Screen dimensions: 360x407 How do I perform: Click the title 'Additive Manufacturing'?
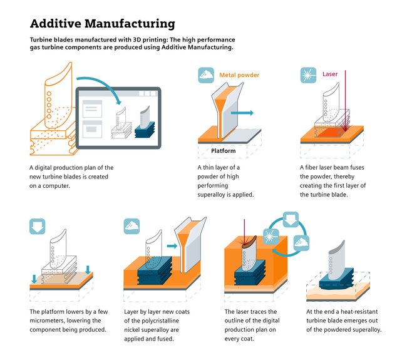pyautogui.click(x=103, y=24)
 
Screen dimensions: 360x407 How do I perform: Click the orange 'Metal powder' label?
pyautogui.click(x=239, y=75)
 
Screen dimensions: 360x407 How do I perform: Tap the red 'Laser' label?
pyautogui.click(x=330, y=74)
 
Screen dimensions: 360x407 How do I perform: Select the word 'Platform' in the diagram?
pyautogui.click(x=223, y=151)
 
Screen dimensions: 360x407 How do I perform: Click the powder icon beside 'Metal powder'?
pyautogui.click(x=206, y=76)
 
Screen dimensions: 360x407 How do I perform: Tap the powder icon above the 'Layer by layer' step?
pyautogui.click(x=131, y=225)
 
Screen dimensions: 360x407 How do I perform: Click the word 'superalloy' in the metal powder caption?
pyautogui.click(x=216, y=195)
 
